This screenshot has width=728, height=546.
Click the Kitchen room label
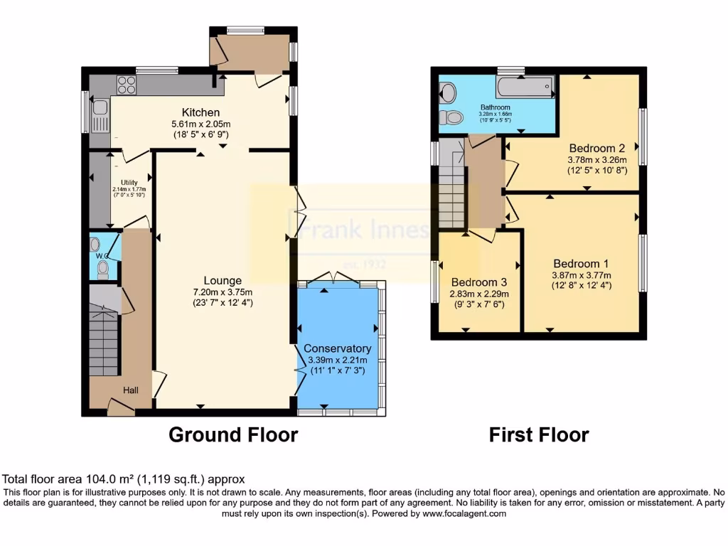point(200,112)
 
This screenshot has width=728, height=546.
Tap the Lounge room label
point(222,281)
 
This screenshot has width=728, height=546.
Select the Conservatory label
point(337,348)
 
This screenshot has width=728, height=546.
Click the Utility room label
point(128,183)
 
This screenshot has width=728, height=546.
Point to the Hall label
point(132,390)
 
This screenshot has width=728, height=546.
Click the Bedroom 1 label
point(581,262)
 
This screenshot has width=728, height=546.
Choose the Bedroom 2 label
point(596,149)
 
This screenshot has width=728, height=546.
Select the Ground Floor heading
point(232,434)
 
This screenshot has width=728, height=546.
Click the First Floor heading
point(539,434)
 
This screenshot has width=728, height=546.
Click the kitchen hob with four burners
point(126,85)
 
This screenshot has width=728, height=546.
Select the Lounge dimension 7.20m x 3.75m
point(222,292)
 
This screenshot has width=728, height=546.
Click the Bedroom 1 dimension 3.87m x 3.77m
point(581,275)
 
